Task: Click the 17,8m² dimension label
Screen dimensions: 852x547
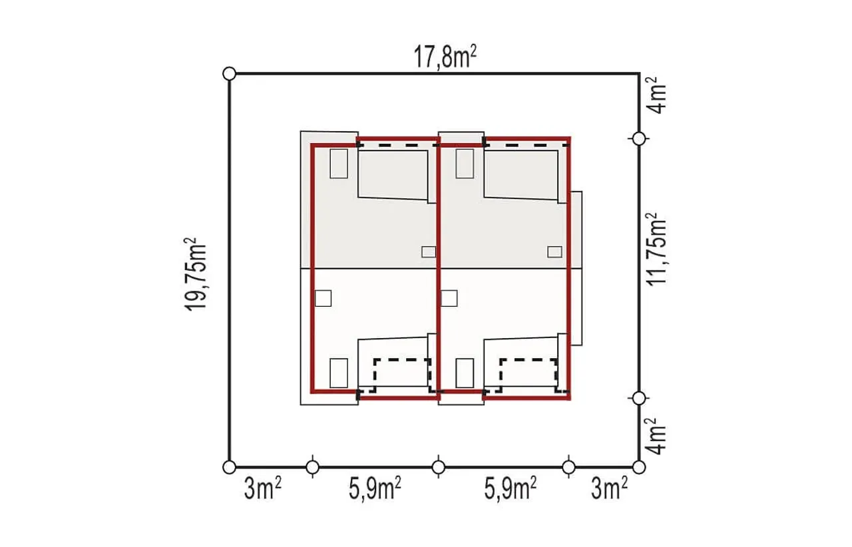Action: (x=445, y=57)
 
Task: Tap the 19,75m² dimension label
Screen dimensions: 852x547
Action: (x=196, y=275)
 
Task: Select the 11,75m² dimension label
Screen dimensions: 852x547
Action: (x=656, y=249)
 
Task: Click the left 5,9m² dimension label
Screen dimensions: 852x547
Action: (x=375, y=489)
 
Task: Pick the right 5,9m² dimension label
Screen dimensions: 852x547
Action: (x=510, y=489)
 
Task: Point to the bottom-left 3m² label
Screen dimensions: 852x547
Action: (x=262, y=489)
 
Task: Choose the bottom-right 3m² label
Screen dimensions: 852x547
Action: (x=609, y=489)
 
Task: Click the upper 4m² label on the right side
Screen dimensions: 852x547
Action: (x=656, y=95)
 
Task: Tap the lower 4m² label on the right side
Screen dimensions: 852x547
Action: (x=656, y=437)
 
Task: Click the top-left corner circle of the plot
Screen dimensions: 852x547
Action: (x=229, y=73)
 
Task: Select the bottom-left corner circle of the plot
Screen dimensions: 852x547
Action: (x=229, y=466)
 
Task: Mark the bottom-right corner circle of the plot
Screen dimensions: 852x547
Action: (x=639, y=466)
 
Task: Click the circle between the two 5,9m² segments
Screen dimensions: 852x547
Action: (x=439, y=466)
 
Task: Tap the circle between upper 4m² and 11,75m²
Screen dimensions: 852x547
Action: (x=639, y=139)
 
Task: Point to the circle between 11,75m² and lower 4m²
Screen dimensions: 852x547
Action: (x=639, y=398)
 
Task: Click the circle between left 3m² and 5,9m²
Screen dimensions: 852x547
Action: (x=313, y=466)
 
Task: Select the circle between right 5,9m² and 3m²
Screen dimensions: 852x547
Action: (x=568, y=466)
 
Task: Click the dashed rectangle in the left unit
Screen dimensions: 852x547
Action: (x=403, y=359)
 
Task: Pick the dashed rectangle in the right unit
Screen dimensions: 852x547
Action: (x=529, y=359)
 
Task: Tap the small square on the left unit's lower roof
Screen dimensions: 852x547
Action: (x=323, y=299)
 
